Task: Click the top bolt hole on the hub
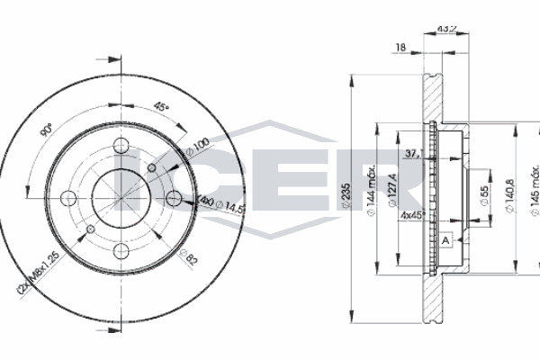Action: click(x=121, y=145)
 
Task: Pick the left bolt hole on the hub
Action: click(x=68, y=197)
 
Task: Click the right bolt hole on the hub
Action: click(x=173, y=197)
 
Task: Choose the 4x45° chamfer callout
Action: click(x=416, y=216)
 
